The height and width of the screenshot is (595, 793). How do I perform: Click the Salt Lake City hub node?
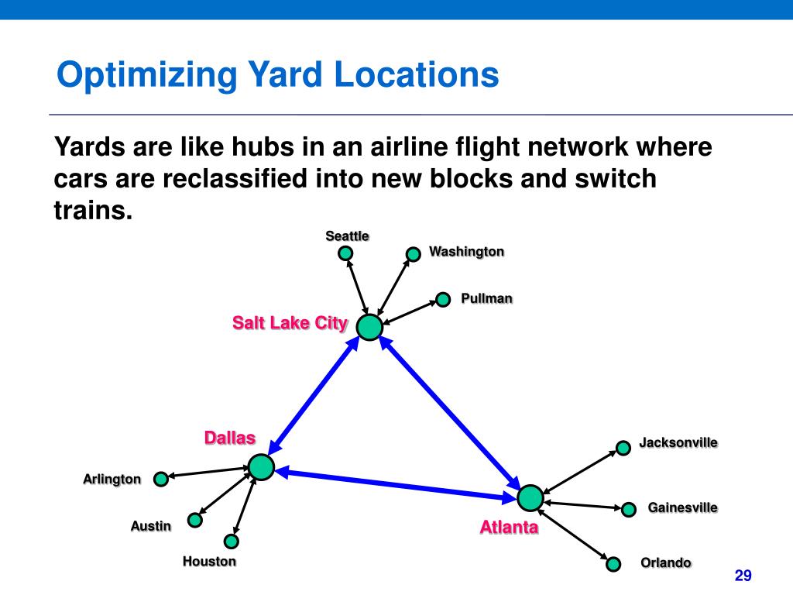click(x=370, y=328)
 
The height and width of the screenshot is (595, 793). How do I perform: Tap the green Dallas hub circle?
click(x=261, y=467)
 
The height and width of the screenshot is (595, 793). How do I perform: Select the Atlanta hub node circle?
click(x=530, y=497)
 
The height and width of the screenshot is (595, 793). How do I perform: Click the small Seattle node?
click(x=346, y=253)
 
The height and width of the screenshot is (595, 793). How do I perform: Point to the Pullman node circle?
click(x=443, y=300)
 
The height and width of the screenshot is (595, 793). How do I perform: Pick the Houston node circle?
click(x=231, y=542)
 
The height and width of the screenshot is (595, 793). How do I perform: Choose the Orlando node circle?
click(x=613, y=564)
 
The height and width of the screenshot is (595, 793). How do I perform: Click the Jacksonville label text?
click(x=678, y=443)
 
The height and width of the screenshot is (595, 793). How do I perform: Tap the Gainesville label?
click(x=682, y=508)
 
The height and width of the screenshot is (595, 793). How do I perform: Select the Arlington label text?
click(x=112, y=480)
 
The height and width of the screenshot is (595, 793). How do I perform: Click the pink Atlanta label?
click(x=509, y=528)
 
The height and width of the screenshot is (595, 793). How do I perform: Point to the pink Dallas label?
click(x=229, y=439)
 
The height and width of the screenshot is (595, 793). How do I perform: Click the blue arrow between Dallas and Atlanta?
click(x=396, y=482)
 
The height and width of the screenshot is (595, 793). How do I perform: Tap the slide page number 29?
click(x=743, y=576)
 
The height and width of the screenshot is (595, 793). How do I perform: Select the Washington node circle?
click(x=412, y=253)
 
